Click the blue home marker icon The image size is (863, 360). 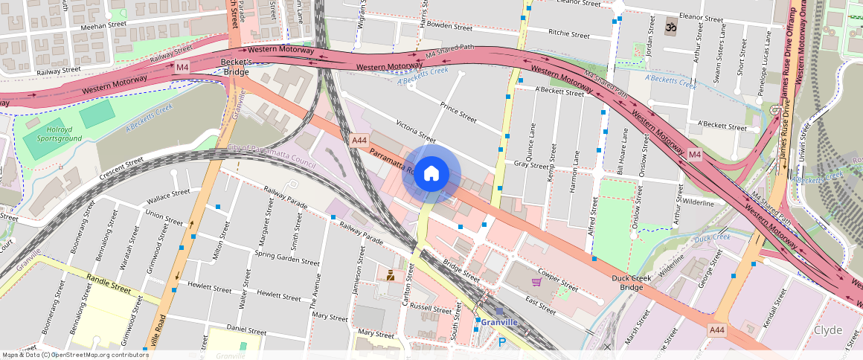pos(431,174)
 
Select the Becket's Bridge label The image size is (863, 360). pos(237,68)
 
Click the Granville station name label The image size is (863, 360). pos(498,322)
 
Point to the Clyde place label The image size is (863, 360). pos(827,330)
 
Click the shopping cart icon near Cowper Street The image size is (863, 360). pos(536,282)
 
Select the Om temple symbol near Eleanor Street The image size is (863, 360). pos(670,28)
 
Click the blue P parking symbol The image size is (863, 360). pos(501,342)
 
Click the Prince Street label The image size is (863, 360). pos(458,112)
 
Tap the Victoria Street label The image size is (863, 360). pos(415,130)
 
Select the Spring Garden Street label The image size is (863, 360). pos(287,257)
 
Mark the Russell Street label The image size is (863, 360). pos(431,307)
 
